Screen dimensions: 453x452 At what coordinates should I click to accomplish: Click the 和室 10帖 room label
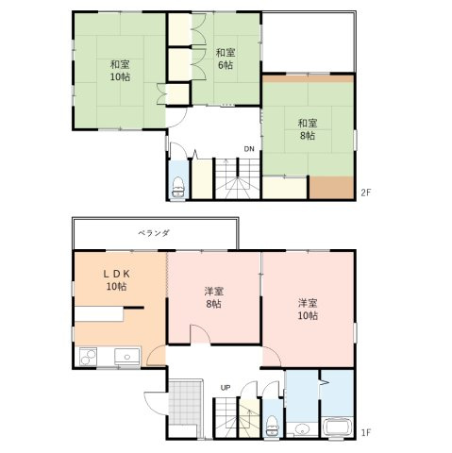click(119, 70)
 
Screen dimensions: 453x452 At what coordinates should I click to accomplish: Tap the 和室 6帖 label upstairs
click(225, 59)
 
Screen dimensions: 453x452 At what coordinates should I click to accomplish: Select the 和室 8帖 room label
click(308, 129)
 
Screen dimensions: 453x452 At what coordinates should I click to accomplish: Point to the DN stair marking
click(248, 149)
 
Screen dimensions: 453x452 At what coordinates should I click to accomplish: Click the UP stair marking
click(226, 388)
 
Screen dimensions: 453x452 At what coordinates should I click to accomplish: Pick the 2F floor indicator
click(365, 193)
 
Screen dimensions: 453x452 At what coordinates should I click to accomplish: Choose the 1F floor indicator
click(365, 433)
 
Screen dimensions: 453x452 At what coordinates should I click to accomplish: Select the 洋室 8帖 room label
click(213, 297)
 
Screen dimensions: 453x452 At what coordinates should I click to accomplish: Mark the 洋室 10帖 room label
click(308, 309)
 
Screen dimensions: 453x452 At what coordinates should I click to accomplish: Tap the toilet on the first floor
click(272, 426)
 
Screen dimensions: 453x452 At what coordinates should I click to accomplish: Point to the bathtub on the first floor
click(338, 428)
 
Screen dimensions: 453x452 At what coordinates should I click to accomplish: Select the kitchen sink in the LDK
click(125, 357)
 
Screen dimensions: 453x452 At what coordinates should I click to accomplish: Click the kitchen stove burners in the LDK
click(87, 357)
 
